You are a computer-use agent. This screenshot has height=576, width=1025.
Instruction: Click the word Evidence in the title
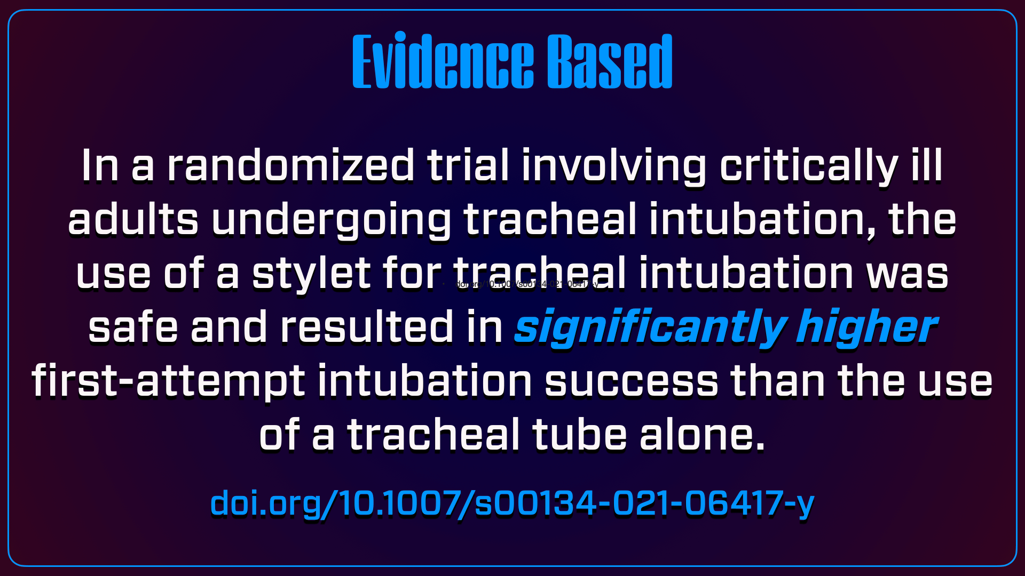point(443,62)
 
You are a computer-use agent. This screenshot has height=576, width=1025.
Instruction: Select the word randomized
point(290,166)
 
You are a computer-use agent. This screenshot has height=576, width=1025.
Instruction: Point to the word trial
point(468,166)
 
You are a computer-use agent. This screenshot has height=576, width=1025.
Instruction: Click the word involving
point(614,166)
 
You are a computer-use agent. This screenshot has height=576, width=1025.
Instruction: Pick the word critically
point(809,166)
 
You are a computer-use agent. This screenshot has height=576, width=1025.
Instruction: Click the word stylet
point(311,274)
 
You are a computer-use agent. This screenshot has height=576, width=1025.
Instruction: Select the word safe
point(133,327)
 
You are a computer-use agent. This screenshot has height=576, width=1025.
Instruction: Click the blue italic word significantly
point(650,327)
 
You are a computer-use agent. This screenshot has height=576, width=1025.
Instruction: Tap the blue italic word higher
point(866,327)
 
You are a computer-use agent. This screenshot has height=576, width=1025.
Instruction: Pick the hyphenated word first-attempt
point(168,382)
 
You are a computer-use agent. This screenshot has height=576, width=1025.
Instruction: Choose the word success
point(632,382)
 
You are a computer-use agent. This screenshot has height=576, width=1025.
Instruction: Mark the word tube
point(579,435)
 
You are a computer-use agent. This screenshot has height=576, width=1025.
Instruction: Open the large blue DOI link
point(512,503)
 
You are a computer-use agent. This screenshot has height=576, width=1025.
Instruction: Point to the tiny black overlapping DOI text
point(526,284)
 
